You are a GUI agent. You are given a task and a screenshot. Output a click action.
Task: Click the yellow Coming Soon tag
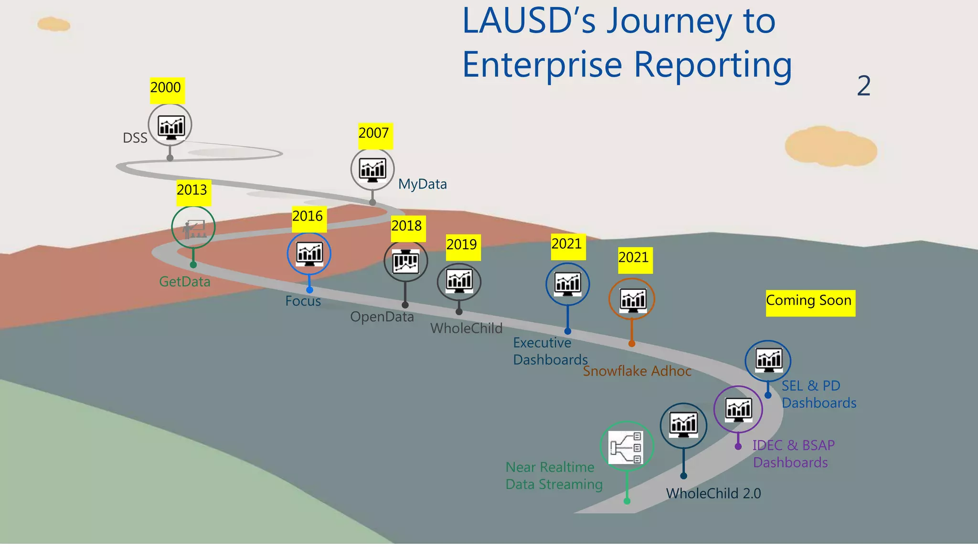(x=810, y=303)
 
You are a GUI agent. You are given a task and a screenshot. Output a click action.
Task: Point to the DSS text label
(x=135, y=138)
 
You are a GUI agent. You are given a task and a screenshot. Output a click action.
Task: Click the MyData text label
(x=422, y=184)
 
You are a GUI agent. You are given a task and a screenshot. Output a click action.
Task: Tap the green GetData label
(x=184, y=282)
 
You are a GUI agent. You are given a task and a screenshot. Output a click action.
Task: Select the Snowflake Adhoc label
(x=637, y=371)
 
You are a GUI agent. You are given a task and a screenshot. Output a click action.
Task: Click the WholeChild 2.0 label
(x=713, y=494)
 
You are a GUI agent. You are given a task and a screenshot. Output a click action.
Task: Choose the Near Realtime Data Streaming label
(x=553, y=476)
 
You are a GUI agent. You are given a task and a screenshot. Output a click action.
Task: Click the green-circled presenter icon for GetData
(x=193, y=228)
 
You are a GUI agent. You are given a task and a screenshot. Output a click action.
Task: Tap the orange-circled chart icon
(x=632, y=299)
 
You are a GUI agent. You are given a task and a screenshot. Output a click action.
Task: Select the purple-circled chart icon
(x=738, y=409)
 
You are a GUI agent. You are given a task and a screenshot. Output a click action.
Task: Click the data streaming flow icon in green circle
(x=626, y=447)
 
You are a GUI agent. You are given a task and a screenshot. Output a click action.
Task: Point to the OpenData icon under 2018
(x=405, y=262)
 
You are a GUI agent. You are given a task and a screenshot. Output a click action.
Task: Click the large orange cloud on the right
(x=830, y=147)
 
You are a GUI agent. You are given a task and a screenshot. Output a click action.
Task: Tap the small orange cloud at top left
(x=53, y=24)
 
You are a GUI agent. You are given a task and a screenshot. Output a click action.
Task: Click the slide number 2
(x=863, y=86)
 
